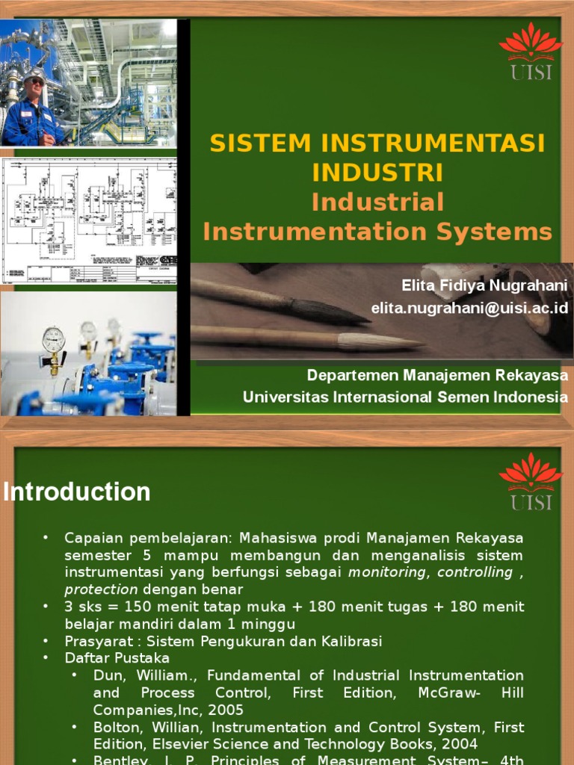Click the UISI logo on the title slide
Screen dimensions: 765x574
[x=530, y=51]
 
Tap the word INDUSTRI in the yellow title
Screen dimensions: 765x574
[x=377, y=172]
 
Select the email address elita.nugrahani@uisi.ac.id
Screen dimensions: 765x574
[x=469, y=308]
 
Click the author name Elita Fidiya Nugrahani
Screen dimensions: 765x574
[x=484, y=285]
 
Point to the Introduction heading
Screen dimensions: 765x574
[x=77, y=492]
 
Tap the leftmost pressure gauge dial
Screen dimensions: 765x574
[x=54, y=340]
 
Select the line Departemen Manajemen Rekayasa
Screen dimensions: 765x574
[x=437, y=374]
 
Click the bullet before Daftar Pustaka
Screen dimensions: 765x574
[x=46, y=658]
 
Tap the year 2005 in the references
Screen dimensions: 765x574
[x=227, y=710]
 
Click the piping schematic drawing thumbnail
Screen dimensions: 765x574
[x=88, y=220]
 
